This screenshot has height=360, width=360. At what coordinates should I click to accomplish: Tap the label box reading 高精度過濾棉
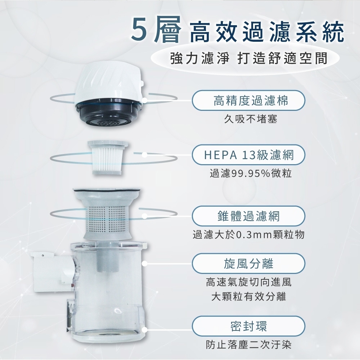coord(248,100)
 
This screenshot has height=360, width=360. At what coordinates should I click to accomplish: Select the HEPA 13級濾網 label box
coord(248,155)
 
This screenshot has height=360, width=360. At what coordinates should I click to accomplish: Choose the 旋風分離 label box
coord(248,264)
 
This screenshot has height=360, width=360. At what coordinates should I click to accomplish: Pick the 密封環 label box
coord(248,326)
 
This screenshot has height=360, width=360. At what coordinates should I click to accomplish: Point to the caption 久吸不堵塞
coord(251,119)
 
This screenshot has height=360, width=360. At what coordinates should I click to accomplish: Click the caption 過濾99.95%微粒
coord(251,174)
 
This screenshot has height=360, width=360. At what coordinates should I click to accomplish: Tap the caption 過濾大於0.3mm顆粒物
coord(249,235)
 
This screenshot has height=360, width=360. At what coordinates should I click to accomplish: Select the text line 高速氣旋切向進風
coord(249,282)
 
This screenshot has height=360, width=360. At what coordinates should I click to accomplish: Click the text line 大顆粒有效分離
coord(249,297)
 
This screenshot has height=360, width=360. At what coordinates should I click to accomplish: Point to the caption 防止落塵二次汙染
coord(249,345)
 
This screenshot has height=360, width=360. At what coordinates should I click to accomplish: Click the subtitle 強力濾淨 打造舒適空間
coord(249,59)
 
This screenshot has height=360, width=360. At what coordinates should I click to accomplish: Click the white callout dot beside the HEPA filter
coord(144,155)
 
